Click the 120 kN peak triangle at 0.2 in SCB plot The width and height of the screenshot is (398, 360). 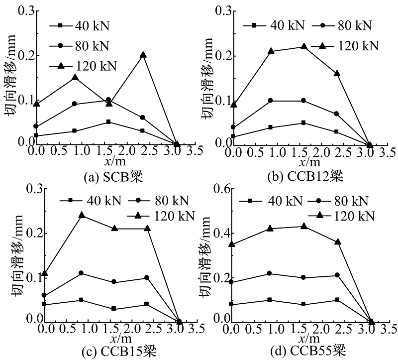143,55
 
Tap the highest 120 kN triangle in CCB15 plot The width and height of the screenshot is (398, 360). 82,215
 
